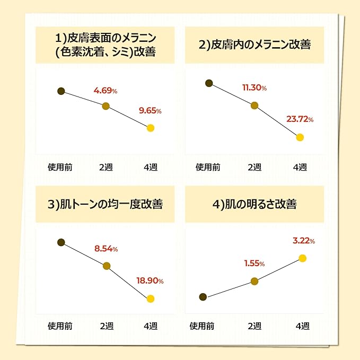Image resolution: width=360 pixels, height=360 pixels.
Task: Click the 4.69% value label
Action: tap(105, 91)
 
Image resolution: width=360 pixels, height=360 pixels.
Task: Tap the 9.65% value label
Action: tap(150, 111)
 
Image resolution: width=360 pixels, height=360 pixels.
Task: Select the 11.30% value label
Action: tap(254, 87)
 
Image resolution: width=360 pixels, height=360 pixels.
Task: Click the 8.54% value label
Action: tap(106, 248)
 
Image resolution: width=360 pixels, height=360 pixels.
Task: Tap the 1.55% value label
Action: tap(254, 264)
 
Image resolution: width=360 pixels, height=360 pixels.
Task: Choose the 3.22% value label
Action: tap(303, 241)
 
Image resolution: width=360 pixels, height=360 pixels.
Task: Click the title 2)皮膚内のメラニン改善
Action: tap(254, 45)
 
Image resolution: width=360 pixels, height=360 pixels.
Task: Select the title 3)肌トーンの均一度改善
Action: tap(105, 204)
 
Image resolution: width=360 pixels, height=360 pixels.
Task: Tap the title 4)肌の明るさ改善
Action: tap(254, 204)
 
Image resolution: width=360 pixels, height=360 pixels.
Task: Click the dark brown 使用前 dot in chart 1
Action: tap(61, 91)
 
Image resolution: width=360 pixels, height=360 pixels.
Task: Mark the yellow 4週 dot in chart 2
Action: tap(300, 137)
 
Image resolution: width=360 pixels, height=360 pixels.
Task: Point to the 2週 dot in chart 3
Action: tap(106, 266)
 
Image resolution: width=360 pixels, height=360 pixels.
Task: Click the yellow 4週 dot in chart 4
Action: tap(303, 258)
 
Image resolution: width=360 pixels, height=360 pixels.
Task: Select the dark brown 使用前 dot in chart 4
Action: tap(203, 297)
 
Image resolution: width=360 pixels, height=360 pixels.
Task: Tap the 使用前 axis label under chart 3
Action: tap(60, 326)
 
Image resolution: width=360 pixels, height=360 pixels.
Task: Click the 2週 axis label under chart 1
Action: tap(106, 167)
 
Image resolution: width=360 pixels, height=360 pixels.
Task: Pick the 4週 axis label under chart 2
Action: tap(300, 167)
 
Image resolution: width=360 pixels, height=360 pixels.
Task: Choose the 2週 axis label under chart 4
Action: tap(254, 326)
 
